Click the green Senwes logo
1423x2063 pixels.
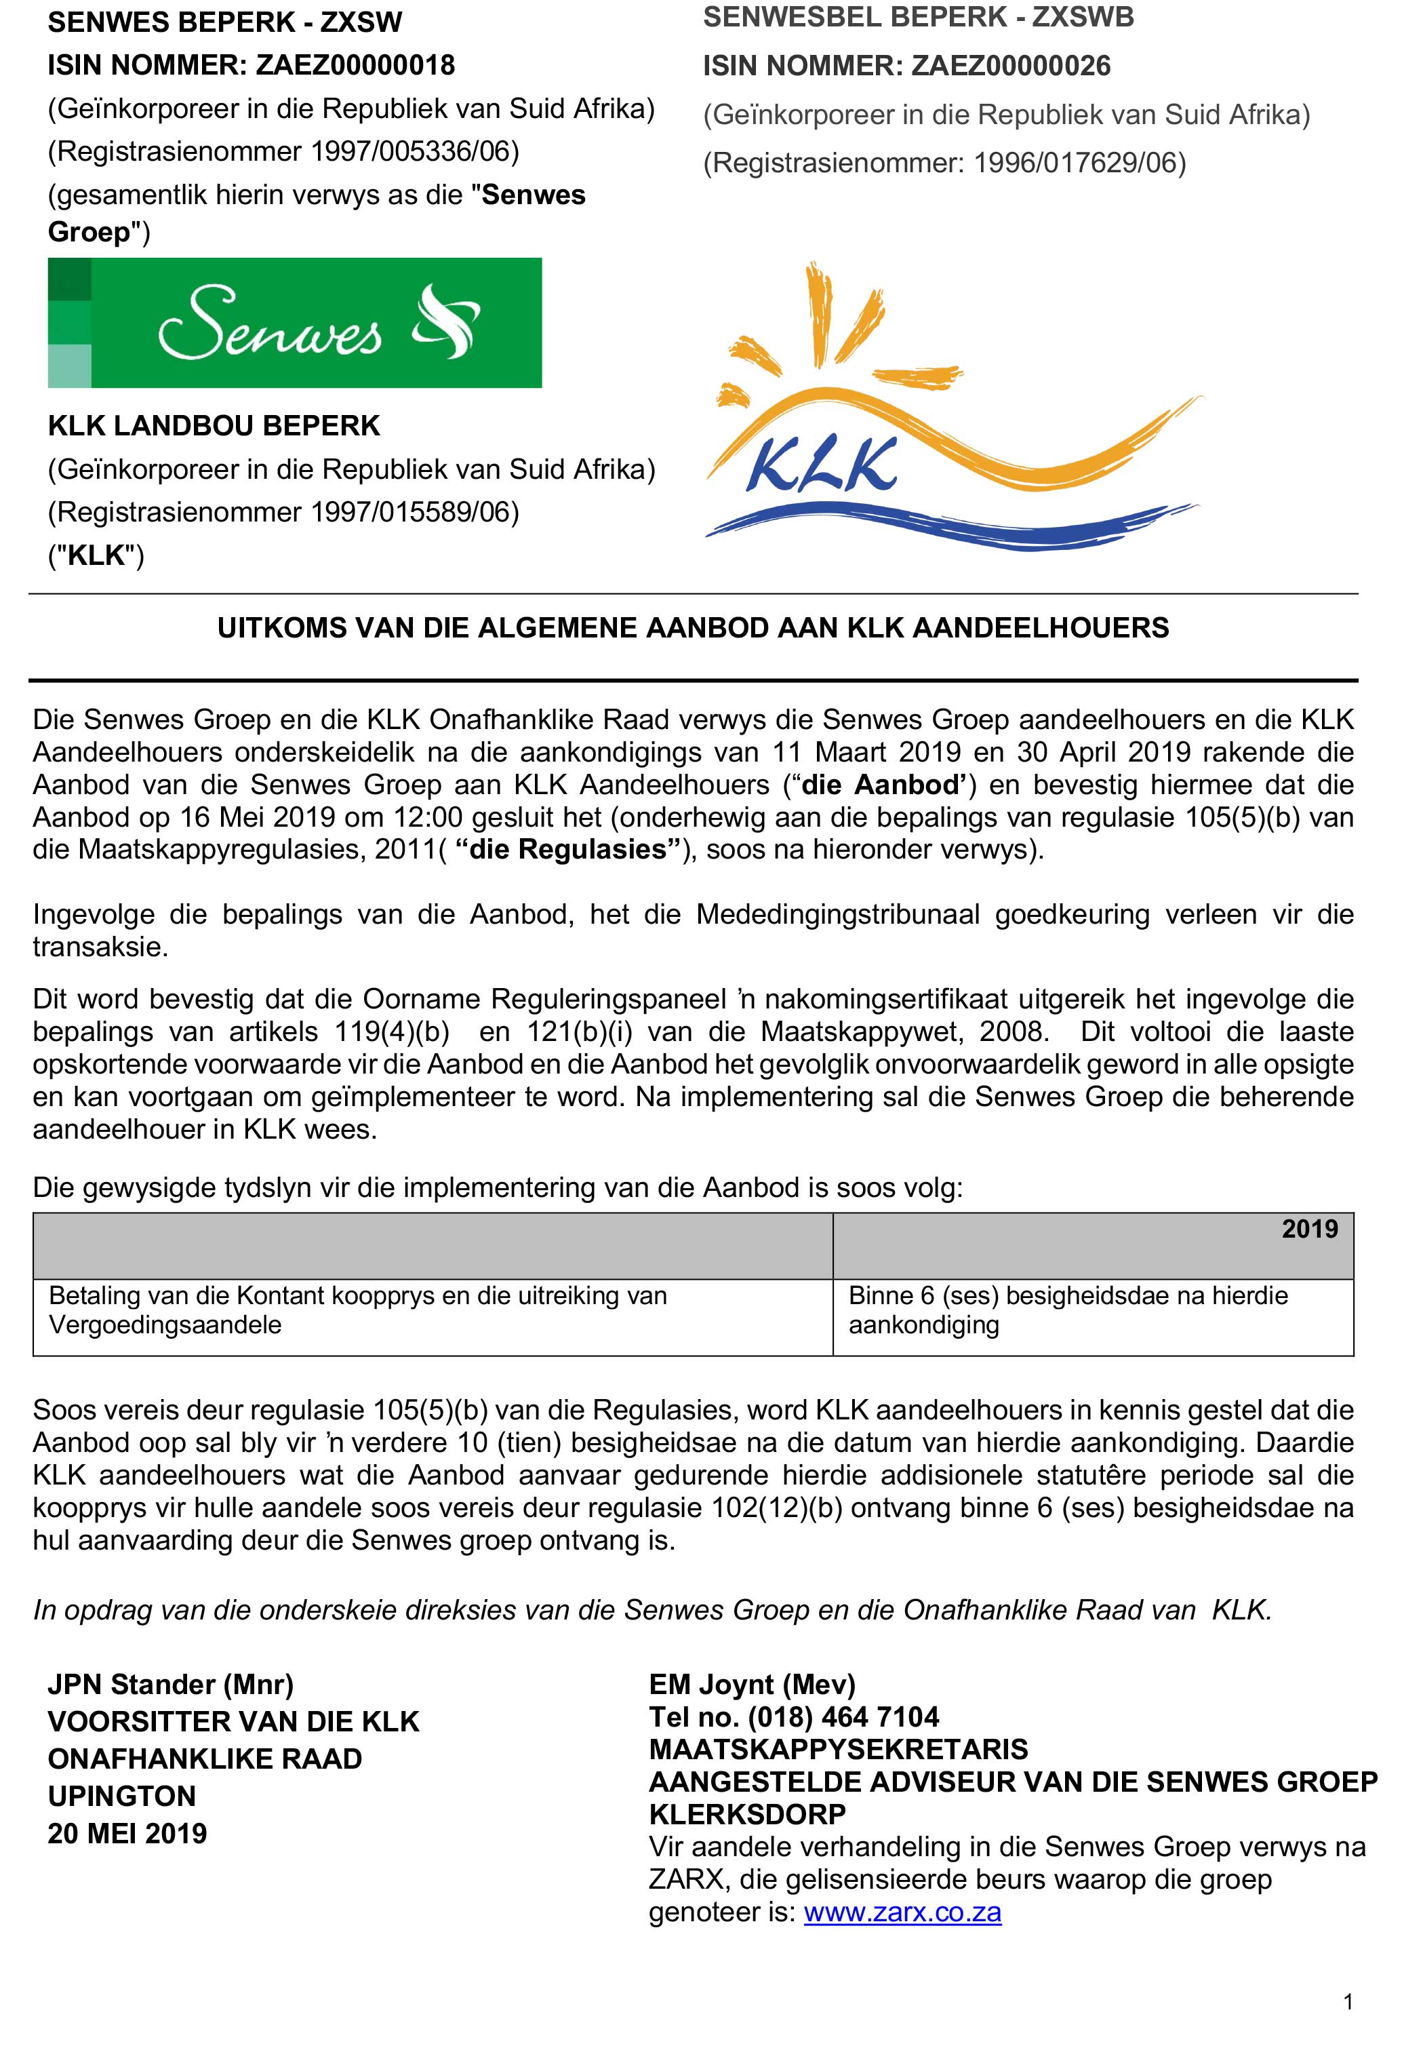pos(294,323)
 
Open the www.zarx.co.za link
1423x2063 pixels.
pos(902,1913)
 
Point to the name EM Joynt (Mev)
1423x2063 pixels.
pos(752,1684)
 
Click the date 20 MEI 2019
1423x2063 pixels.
pos(127,1834)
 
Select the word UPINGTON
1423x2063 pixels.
pos(121,1796)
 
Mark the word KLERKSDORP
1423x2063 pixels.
pos(747,1814)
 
